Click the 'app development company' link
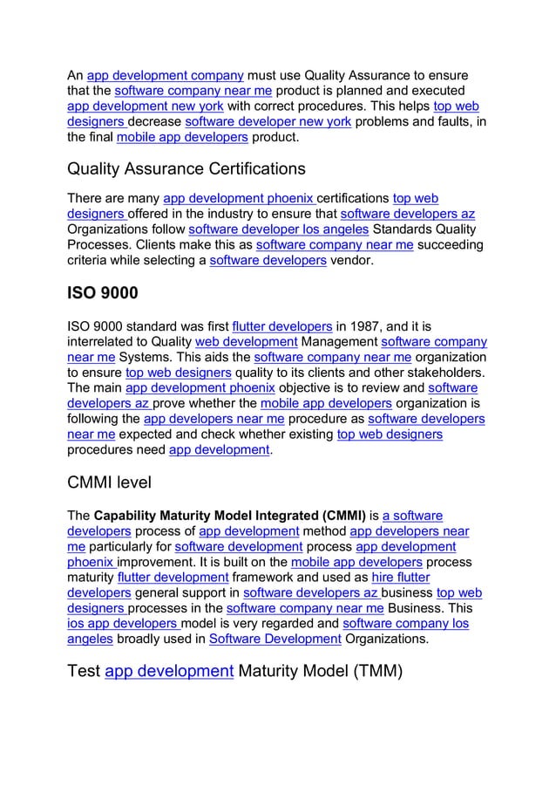point(165,75)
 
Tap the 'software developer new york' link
point(268,122)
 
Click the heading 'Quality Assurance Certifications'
point(186,168)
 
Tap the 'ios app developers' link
point(123,625)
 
